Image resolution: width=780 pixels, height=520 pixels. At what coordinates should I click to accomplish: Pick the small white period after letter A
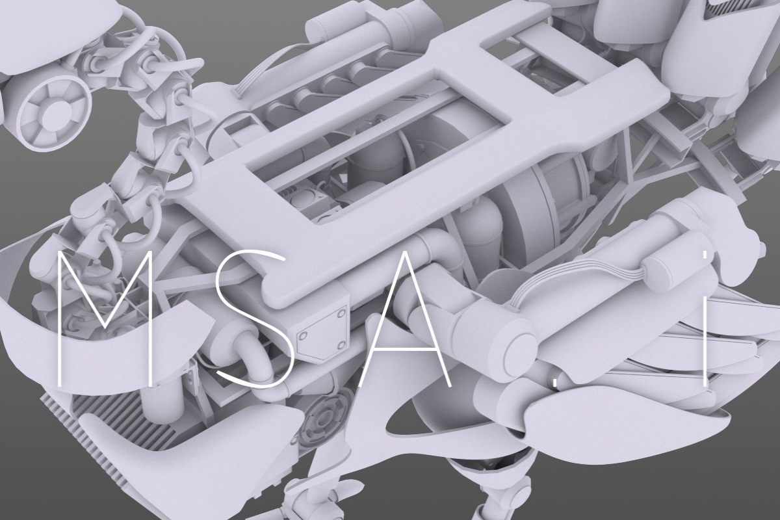click(554, 384)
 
